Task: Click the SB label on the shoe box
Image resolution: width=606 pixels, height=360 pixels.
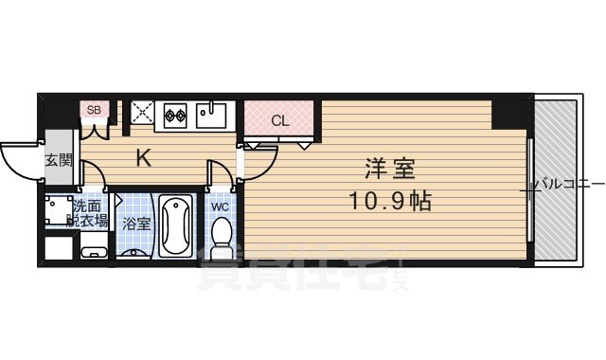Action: (x=94, y=109)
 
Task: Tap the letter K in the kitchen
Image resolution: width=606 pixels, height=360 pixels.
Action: (x=143, y=158)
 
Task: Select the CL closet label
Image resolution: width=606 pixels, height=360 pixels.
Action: (x=280, y=120)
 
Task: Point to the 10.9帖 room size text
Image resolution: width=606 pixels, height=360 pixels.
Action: (x=389, y=202)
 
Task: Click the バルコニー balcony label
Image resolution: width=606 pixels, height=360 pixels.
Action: (x=569, y=184)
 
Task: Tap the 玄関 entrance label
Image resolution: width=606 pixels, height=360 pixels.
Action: (x=57, y=159)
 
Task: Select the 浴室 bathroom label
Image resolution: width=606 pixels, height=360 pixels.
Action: (x=134, y=224)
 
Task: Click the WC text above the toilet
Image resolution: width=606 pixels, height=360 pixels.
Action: (x=219, y=207)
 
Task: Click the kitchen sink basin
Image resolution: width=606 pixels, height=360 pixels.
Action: (x=213, y=117)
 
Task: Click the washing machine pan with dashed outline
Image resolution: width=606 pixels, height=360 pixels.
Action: (x=59, y=211)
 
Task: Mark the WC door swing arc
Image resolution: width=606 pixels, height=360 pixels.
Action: (x=221, y=173)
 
